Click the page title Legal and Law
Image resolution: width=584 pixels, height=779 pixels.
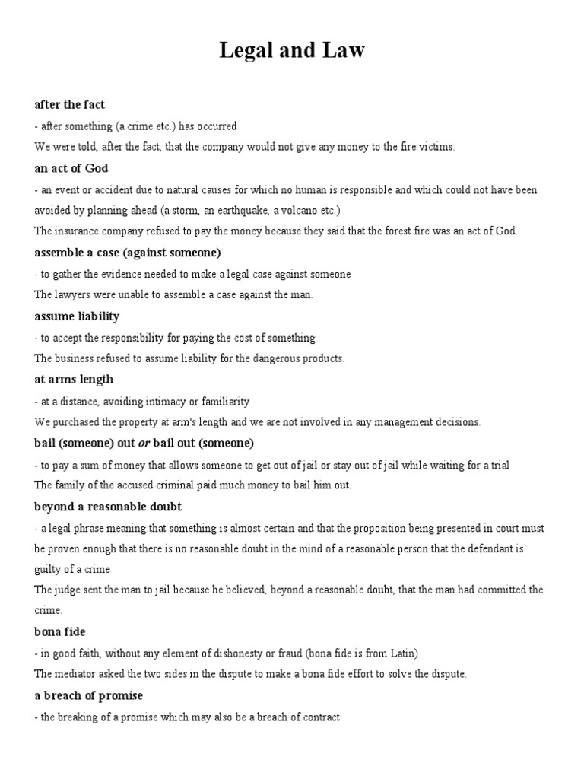[x=292, y=52]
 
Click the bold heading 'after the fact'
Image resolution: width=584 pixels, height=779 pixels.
[x=69, y=104]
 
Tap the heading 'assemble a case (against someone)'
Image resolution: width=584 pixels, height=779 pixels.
[x=127, y=252]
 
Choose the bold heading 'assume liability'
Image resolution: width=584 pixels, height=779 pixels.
[x=77, y=316]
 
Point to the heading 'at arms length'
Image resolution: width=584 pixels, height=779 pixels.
[x=74, y=379]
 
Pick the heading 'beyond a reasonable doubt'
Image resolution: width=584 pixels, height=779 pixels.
[x=108, y=507]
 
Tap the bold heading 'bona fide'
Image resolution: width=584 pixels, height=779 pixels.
[x=60, y=632]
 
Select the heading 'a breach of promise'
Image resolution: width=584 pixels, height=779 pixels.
[x=89, y=695]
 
